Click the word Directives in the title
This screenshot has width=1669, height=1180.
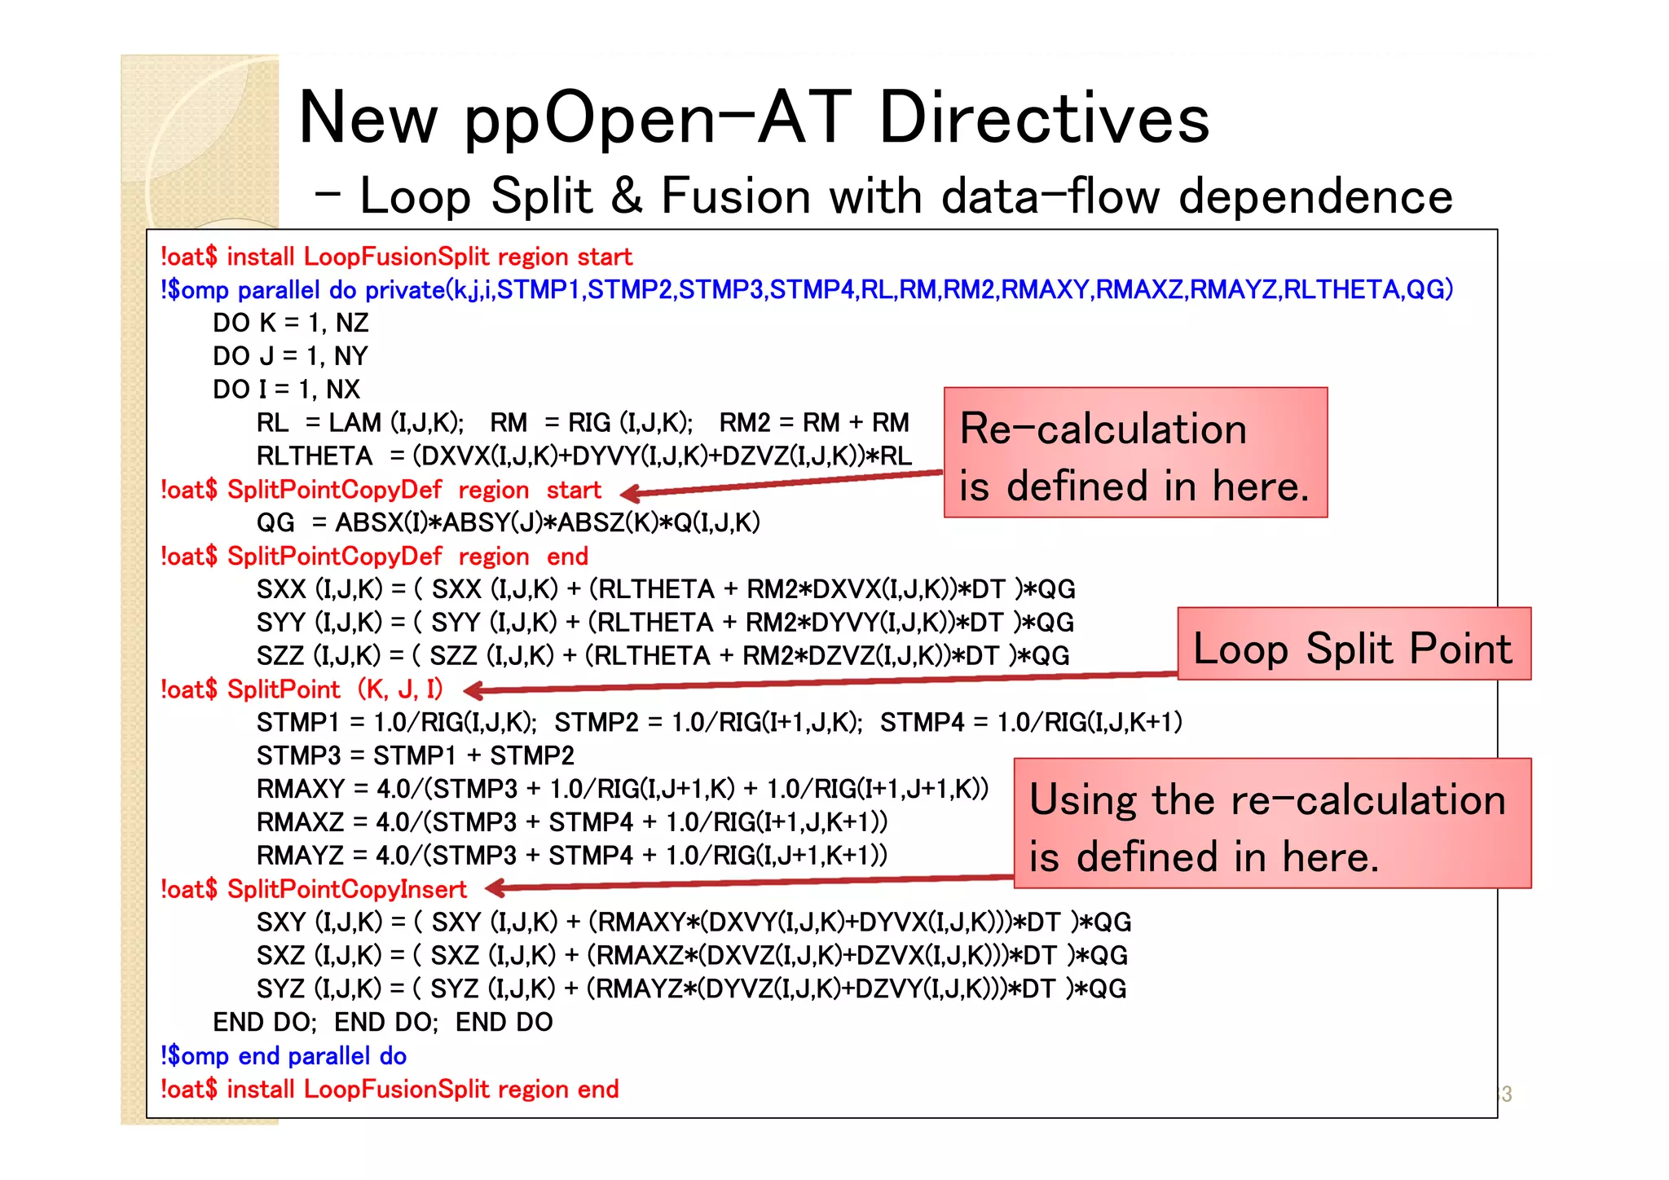1044,118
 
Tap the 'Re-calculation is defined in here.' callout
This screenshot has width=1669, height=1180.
1135,453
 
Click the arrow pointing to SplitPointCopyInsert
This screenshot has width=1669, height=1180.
750,883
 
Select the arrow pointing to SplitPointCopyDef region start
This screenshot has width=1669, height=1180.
782,482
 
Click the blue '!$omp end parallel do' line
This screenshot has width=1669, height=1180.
284,1056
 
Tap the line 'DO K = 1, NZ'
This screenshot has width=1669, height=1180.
290,324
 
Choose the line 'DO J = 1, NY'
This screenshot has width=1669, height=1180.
290,356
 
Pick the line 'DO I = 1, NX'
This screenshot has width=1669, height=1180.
286,390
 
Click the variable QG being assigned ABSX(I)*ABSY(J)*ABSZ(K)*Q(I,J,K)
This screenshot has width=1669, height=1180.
275,523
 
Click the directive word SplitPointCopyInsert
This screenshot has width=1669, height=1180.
346,889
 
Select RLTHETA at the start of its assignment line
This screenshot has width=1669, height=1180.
314,456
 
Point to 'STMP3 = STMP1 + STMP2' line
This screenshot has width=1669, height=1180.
415,755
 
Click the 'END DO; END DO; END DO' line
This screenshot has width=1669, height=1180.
383,1022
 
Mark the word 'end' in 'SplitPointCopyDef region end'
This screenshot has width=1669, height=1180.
567,557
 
